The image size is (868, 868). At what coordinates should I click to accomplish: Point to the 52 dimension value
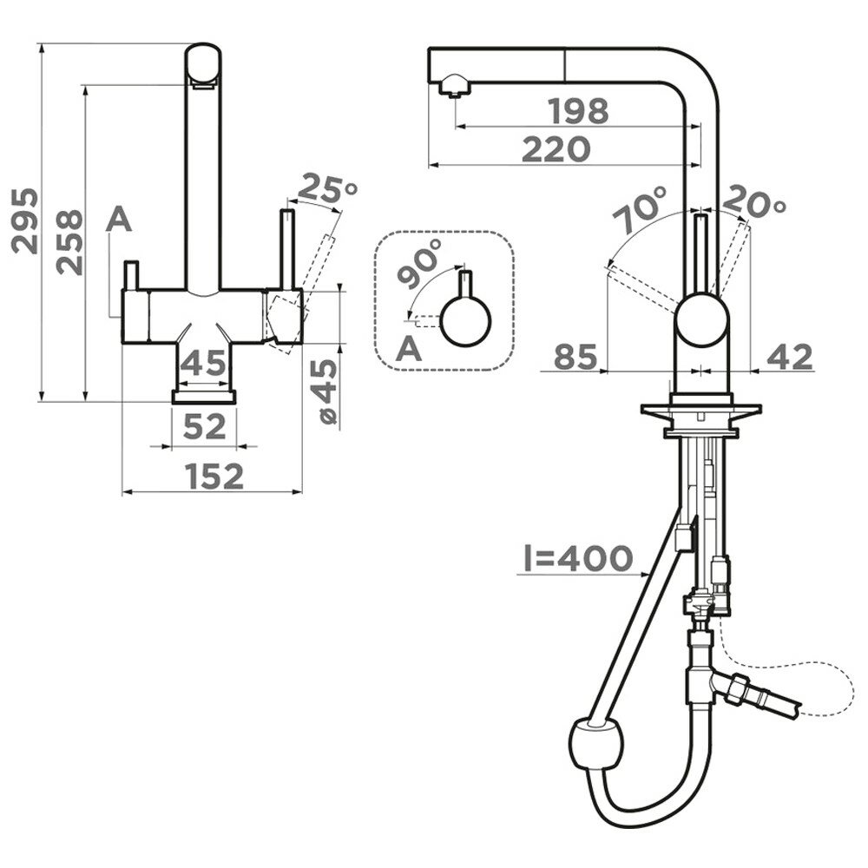[x=205, y=426]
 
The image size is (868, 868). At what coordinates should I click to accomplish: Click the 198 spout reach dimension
[x=579, y=111]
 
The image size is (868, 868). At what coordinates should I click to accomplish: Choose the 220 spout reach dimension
[x=556, y=149]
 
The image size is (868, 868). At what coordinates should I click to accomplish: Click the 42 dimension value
[x=790, y=357]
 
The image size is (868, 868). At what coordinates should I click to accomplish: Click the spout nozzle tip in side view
[x=453, y=88]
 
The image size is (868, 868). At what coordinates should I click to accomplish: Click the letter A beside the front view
[x=119, y=222]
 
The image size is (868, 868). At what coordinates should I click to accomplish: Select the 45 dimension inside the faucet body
[x=205, y=363]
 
